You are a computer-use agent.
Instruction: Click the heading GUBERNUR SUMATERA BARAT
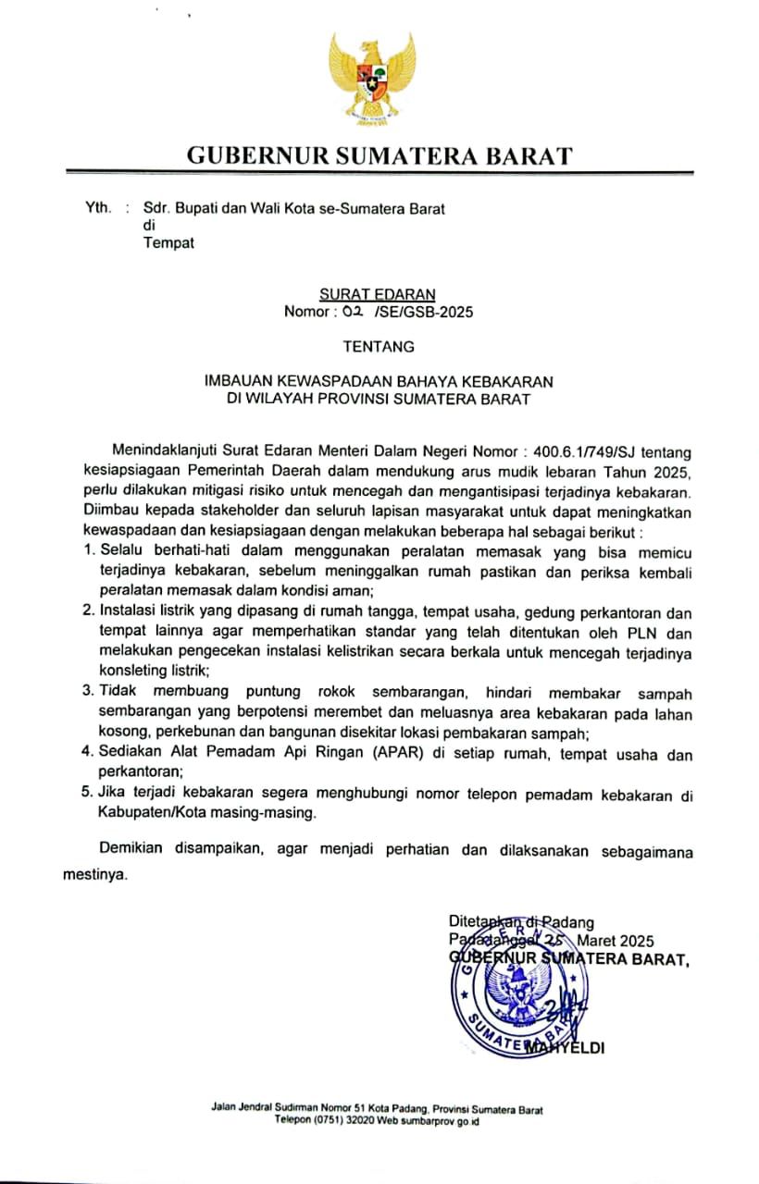(379, 155)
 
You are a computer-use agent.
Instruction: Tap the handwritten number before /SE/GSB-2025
(352, 312)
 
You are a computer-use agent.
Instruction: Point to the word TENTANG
(379, 348)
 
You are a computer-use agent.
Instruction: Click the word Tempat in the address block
(168, 243)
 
